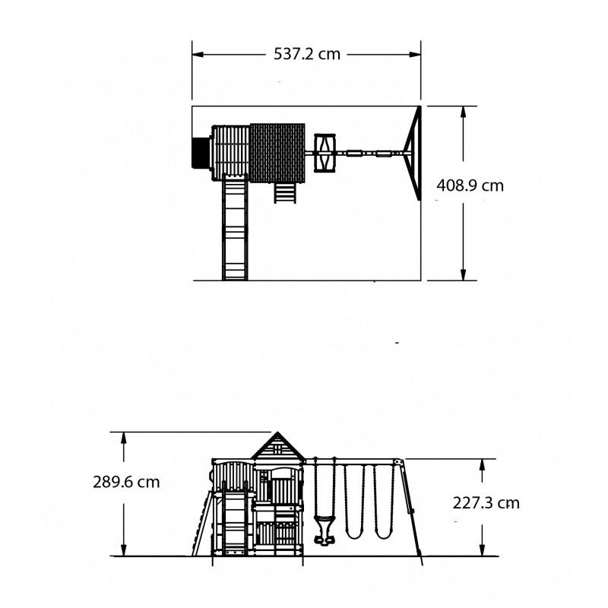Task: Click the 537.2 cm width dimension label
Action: (x=307, y=54)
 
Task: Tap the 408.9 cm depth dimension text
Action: (x=470, y=185)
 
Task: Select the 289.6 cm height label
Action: (x=126, y=482)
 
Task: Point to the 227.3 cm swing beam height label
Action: (x=486, y=503)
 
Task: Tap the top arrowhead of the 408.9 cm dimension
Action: (x=463, y=112)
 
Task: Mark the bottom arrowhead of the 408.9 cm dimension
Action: (x=463, y=274)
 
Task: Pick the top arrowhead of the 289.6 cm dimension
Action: (x=124, y=438)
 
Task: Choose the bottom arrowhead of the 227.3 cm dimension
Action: (x=482, y=550)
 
